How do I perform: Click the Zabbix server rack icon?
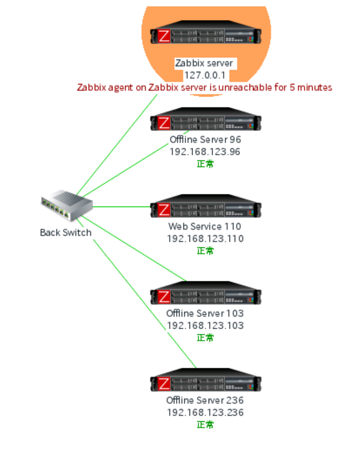coord(206,36)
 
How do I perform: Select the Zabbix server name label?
coord(205,63)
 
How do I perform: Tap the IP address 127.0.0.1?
coord(205,75)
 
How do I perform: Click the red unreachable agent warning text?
coord(205,88)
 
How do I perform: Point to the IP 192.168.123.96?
coord(205,152)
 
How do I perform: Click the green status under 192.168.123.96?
coord(205,164)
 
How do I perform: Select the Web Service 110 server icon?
coord(206,209)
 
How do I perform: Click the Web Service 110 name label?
coord(205,227)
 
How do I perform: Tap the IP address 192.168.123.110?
coord(205,239)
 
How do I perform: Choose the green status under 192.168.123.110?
coord(205,251)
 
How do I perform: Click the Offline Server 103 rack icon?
coord(206,296)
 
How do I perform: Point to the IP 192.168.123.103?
coord(205,326)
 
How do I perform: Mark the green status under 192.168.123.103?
coord(205,338)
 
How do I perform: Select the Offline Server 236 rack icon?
coord(206,383)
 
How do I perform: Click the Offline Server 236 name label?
coord(205,400)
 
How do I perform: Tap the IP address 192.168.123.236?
coord(205,413)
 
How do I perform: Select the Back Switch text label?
coord(66,232)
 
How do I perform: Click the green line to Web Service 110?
coord(122,206)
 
